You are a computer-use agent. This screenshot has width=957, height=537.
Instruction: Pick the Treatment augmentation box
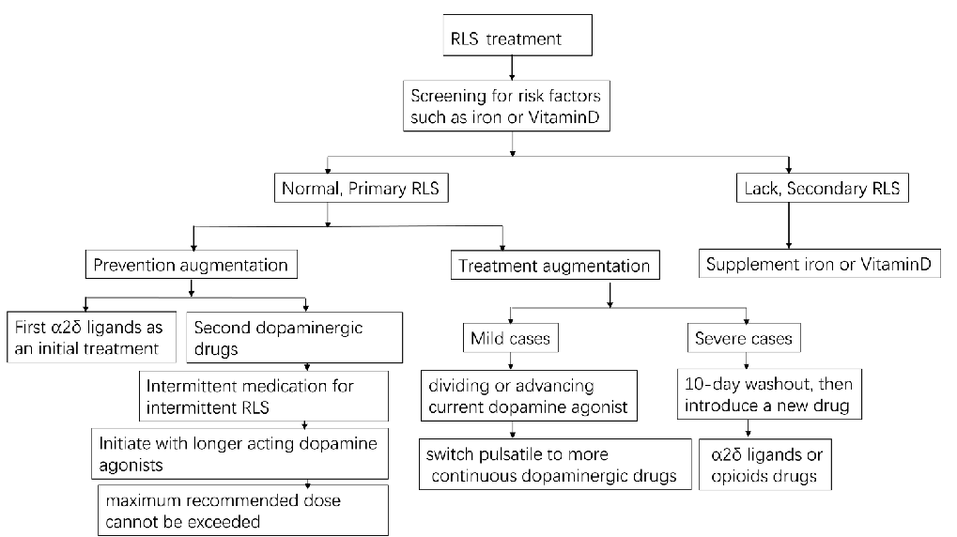click(554, 266)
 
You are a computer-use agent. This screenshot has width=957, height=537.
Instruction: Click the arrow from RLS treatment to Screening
click(512, 67)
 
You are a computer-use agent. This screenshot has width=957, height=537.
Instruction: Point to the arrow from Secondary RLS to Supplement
click(789, 226)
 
